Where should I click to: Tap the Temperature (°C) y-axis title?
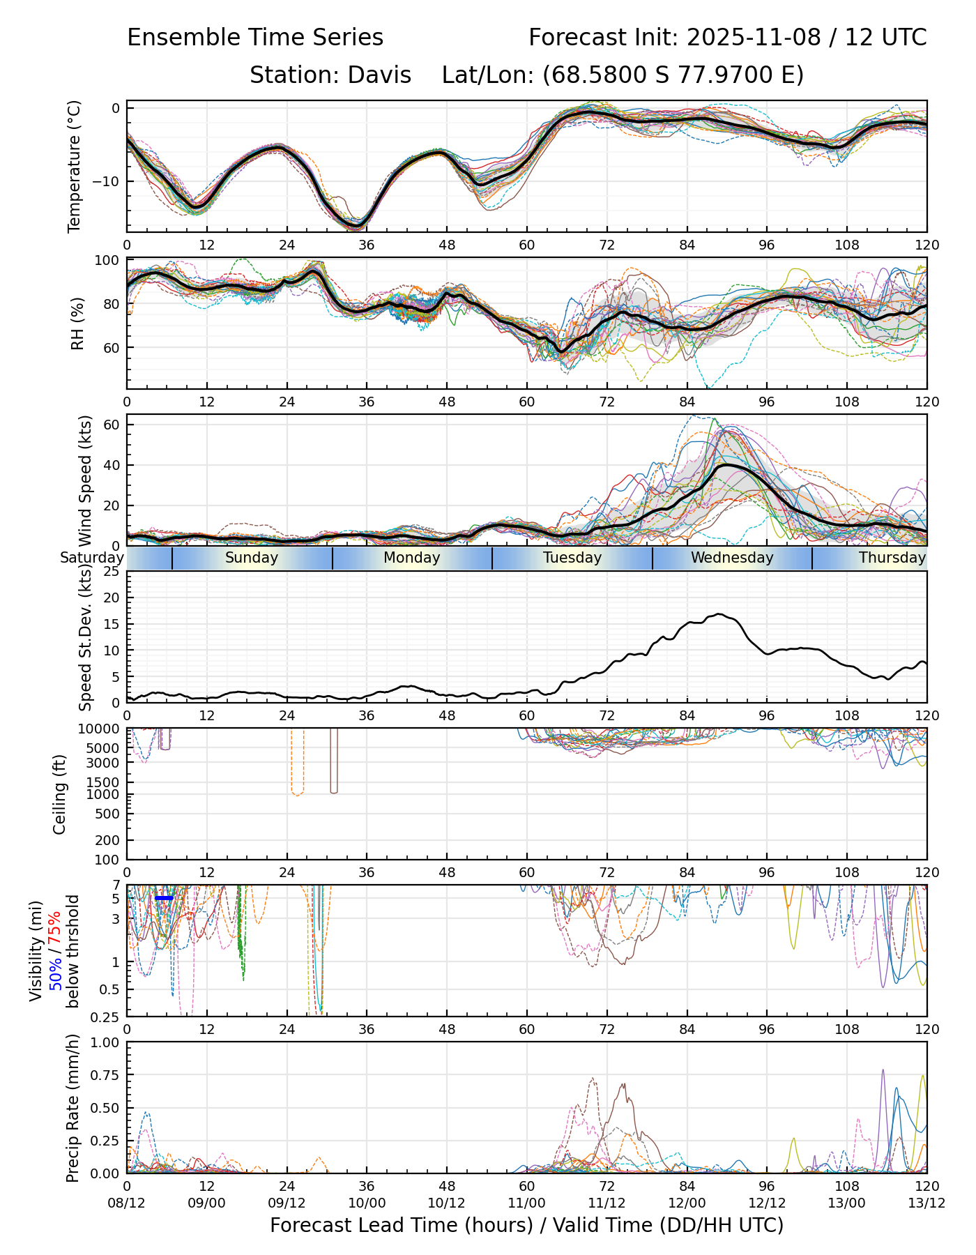(x=75, y=166)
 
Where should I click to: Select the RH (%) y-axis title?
(x=77, y=324)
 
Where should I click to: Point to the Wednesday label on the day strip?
(x=732, y=558)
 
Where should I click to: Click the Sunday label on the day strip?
(x=252, y=558)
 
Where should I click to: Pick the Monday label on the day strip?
(x=412, y=558)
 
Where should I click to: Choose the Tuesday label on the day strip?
(x=572, y=558)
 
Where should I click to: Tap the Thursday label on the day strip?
(x=892, y=558)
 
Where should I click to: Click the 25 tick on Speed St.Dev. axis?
(x=112, y=572)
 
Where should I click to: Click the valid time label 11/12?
(x=607, y=1203)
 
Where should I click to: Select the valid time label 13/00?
(x=847, y=1203)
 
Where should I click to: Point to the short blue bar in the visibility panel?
(x=165, y=898)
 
